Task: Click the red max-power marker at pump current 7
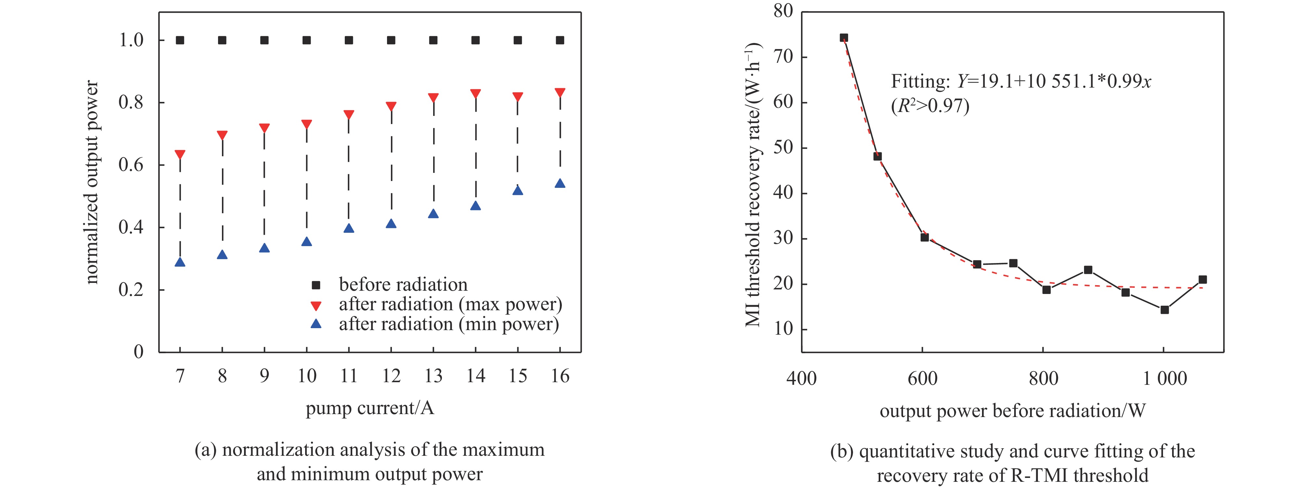coord(180,154)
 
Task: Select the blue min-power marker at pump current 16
coord(560,184)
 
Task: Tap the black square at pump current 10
coord(306,40)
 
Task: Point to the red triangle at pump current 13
coord(433,97)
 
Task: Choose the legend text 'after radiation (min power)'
coord(449,324)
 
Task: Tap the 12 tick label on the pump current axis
coord(391,376)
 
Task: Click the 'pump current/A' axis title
coord(370,408)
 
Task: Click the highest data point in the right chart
coord(844,37)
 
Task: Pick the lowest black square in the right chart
coord(1164,310)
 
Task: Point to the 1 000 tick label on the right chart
coord(1164,378)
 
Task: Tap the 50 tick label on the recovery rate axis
coord(783,147)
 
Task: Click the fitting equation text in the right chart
coord(1021,82)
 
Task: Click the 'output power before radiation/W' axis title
coord(1012,411)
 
